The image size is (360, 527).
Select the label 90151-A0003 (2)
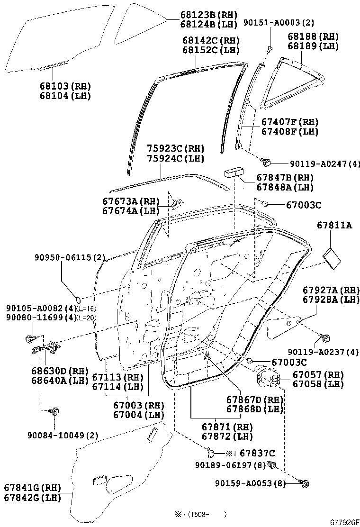[x=279, y=22]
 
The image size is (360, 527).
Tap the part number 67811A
[x=334, y=226]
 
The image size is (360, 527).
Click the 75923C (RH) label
[x=168, y=148]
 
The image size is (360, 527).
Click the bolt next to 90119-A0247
[x=268, y=162]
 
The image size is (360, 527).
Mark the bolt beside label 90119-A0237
[x=325, y=337]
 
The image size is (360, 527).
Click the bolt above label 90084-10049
[x=54, y=411]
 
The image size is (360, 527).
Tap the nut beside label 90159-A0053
[x=304, y=483]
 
